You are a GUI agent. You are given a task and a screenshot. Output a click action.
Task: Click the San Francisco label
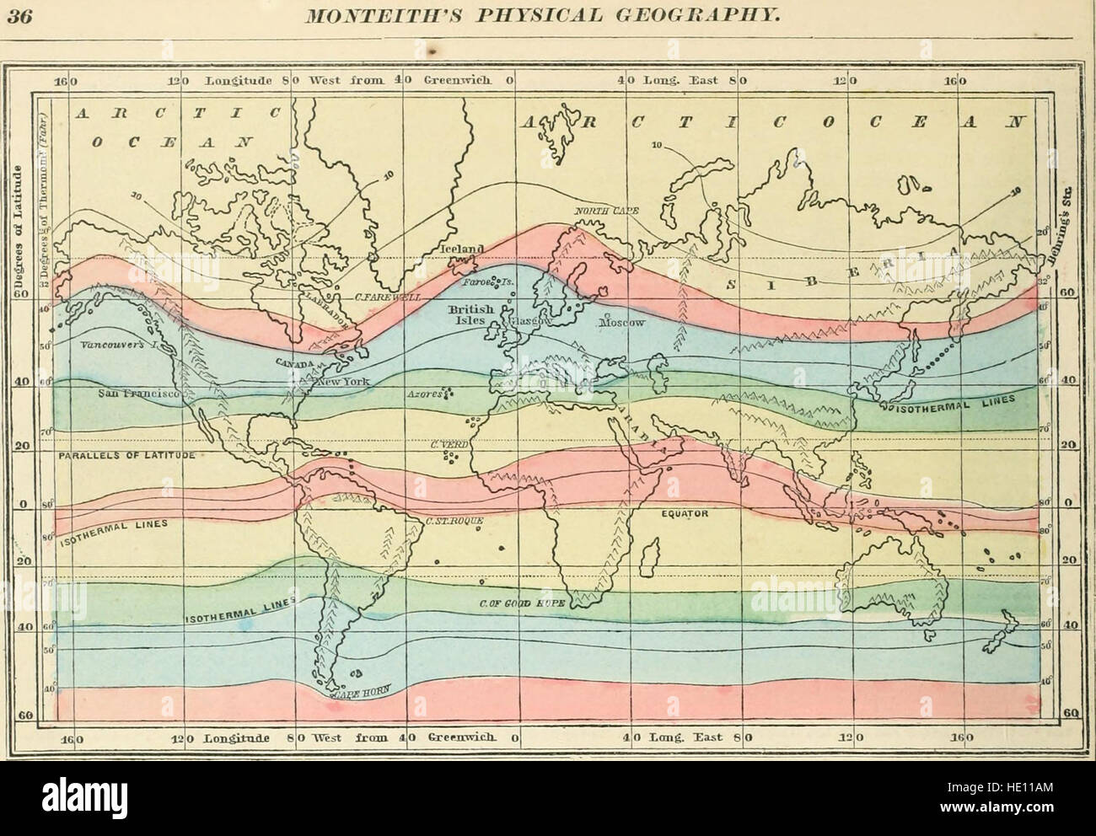point(137,394)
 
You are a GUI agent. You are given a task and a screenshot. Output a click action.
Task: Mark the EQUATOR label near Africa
point(684,512)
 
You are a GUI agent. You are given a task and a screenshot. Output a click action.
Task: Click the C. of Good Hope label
point(514,603)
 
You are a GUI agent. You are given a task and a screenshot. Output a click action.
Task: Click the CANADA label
point(293,363)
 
